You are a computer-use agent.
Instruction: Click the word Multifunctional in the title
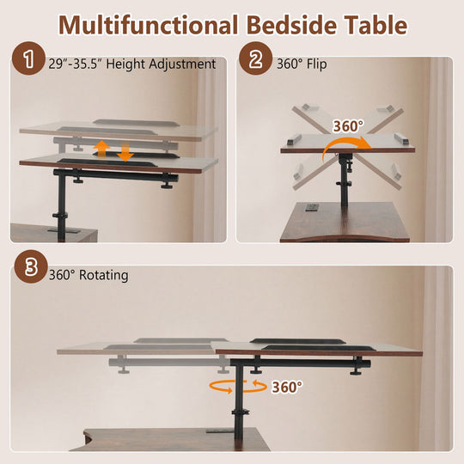coord(148,25)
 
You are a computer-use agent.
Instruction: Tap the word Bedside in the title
coord(291,25)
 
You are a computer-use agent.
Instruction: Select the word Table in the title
coord(376,25)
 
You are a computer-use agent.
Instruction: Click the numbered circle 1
coord(28,58)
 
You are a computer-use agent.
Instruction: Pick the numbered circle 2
coord(256,58)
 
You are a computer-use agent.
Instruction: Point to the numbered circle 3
coord(31,266)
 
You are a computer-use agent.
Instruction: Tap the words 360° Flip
coord(302,64)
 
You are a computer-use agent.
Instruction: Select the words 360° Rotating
coord(89,275)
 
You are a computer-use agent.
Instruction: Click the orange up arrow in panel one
coord(101,150)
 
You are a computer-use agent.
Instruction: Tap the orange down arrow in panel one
coord(125,153)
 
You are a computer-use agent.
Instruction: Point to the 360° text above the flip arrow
coord(348,126)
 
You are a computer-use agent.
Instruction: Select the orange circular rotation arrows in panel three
coord(238,387)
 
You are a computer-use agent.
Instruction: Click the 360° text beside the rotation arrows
coord(287,387)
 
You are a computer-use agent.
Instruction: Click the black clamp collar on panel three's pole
coord(241,412)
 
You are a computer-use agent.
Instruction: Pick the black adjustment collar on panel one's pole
coord(61,216)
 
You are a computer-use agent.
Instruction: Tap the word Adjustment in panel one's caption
coord(182,64)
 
